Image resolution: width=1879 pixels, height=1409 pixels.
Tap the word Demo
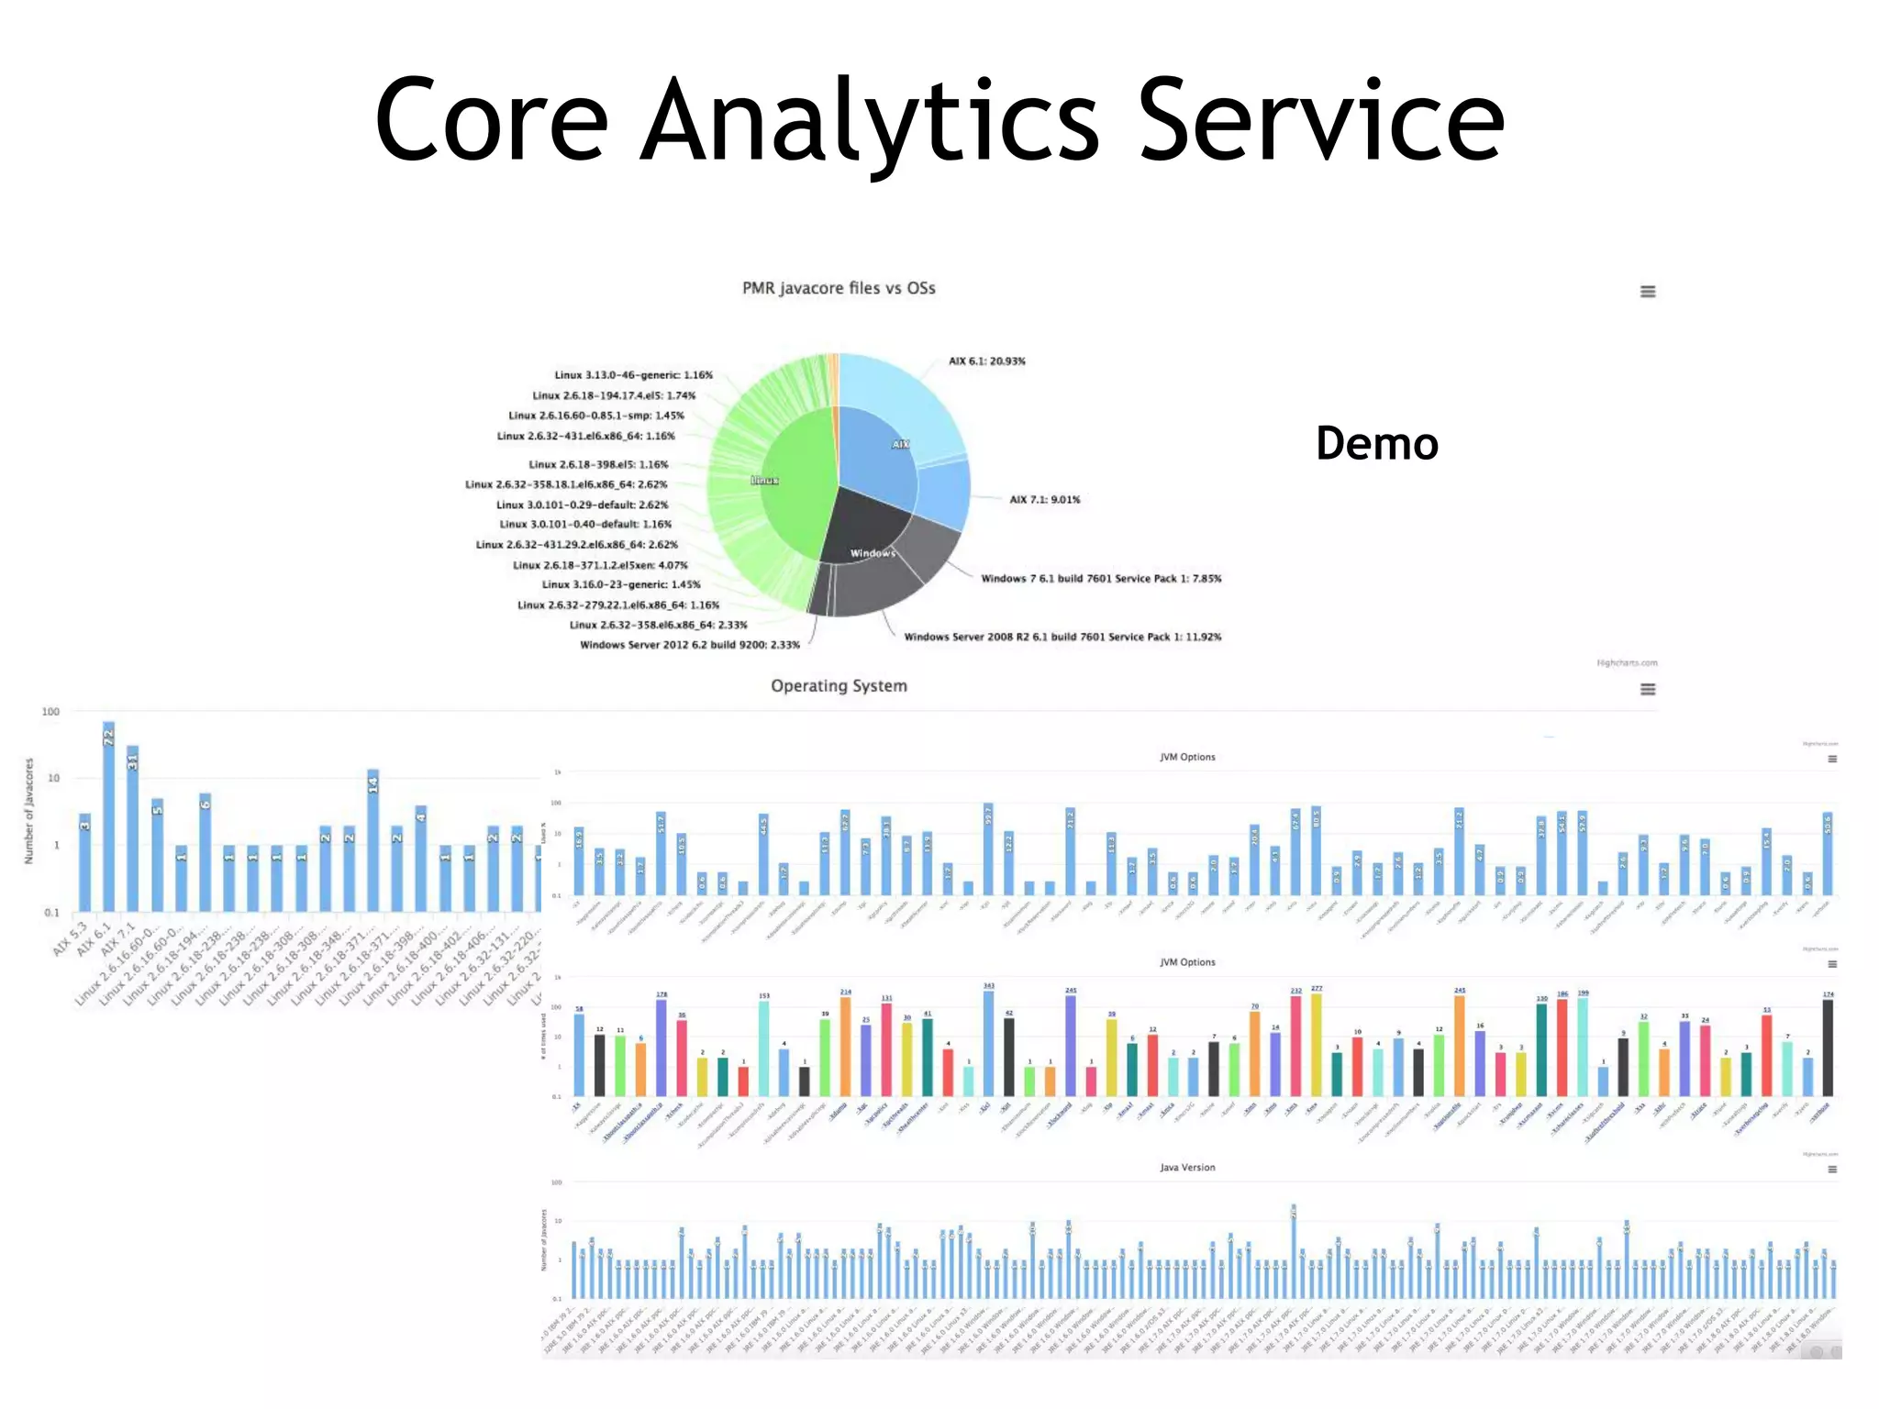[1376, 444]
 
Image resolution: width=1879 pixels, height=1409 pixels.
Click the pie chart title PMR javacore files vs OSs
[839, 288]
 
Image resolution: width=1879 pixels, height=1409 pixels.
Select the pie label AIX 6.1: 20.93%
[987, 361]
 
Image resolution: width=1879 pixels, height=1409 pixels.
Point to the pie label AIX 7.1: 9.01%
[1045, 500]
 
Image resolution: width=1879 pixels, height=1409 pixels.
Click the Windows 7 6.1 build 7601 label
[1101, 579]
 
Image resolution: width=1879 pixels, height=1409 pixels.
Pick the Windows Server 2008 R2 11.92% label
[1062, 637]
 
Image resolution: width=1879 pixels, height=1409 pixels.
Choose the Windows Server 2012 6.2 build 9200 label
[690, 645]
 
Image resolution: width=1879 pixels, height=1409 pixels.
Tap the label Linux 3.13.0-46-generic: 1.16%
[633, 375]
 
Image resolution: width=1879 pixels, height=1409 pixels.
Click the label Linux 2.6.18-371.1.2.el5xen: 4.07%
[600, 565]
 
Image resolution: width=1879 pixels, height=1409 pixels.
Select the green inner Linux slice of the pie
[794, 495]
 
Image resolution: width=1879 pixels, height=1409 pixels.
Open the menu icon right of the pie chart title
[1648, 292]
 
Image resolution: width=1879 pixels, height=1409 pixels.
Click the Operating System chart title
[839, 686]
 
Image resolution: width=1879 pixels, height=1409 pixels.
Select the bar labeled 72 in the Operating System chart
[109, 816]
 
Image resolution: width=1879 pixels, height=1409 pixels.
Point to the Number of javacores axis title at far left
[28, 811]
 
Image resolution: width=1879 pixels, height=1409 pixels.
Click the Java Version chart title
[1187, 1168]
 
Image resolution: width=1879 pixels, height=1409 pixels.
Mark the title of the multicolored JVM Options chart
[1187, 962]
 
